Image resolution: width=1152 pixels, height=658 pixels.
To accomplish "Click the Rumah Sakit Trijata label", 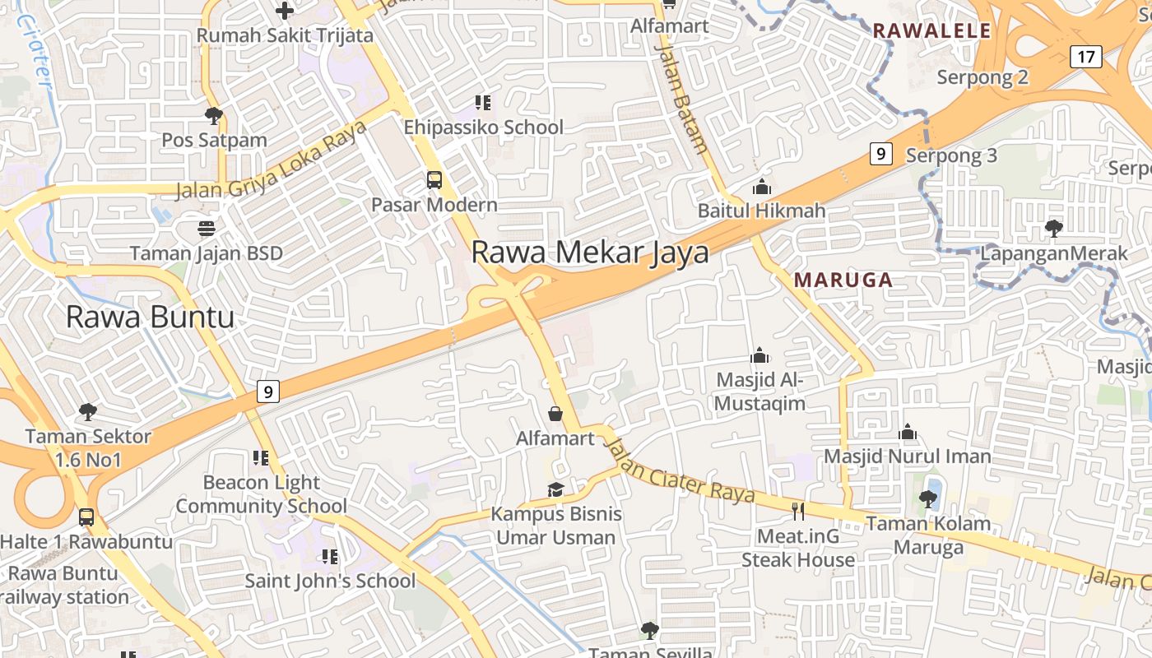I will pyautogui.click(x=285, y=35).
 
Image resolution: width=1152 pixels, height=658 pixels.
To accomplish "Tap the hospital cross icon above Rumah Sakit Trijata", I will pyautogui.click(x=285, y=11).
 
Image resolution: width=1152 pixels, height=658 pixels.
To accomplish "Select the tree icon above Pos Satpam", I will pyautogui.click(x=214, y=115).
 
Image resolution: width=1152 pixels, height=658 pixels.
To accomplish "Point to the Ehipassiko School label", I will pyautogui.click(x=483, y=127).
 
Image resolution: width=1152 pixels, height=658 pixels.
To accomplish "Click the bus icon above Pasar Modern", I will pyautogui.click(x=434, y=179).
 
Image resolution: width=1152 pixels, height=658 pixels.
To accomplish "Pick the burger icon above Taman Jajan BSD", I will pyautogui.click(x=206, y=228).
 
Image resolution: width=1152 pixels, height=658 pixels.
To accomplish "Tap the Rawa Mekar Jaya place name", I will pyautogui.click(x=590, y=252).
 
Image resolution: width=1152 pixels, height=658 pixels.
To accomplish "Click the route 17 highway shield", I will pyautogui.click(x=1086, y=57).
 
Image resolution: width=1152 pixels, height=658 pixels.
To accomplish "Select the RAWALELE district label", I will pyautogui.click(x=931, y=31).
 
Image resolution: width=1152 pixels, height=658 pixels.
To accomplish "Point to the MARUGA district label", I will pyautogui.click(x=843, y=280).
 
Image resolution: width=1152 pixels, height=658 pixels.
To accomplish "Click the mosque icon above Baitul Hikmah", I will pyautogui.click(x=762, y=187).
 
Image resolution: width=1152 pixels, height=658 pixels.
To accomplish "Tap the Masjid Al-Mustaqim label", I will pyautogui.click(x=759, y=392).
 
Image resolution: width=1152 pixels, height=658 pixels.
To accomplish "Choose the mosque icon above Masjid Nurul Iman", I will pyautogui.click(x=908, y=432).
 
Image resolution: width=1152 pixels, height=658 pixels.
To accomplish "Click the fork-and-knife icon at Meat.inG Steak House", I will pyautogui.click(x=797, y=512).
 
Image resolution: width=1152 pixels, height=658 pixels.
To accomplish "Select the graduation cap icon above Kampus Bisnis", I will pyautogui.click(x=556, y=490).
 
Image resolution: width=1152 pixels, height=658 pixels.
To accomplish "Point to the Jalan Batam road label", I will pyautogui.click(x=681, y=99).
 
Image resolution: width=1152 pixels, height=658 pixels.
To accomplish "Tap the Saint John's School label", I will pyautogui.click(x=330, y=581).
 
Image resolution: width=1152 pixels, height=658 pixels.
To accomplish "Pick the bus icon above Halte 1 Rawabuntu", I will pyautogui.click(x=86, y=517).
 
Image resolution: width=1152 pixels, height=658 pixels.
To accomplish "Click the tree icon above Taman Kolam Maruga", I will pyautogui.click(x=928, y=498).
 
